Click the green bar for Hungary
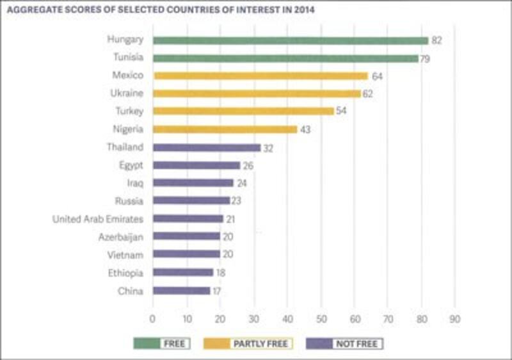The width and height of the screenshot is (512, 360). pos(290,40)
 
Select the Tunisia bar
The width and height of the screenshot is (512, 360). pos(285,58)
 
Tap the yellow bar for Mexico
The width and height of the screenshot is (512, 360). pos(260,76)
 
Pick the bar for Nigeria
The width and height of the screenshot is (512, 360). pos(225,129)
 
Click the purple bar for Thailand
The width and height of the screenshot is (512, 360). pos(206,147)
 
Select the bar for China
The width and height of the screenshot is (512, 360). pos(181,291)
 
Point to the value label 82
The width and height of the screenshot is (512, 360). pos(436,40)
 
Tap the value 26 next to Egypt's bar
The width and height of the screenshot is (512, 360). pos(248,165)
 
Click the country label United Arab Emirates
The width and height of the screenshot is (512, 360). pos(98,219)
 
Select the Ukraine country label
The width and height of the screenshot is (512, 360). pos(127,94)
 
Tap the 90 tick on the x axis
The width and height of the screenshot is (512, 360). pos(455,318)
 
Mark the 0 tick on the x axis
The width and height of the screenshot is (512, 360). pos(153,318)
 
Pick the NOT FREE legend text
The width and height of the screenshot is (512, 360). pos(358,343)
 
